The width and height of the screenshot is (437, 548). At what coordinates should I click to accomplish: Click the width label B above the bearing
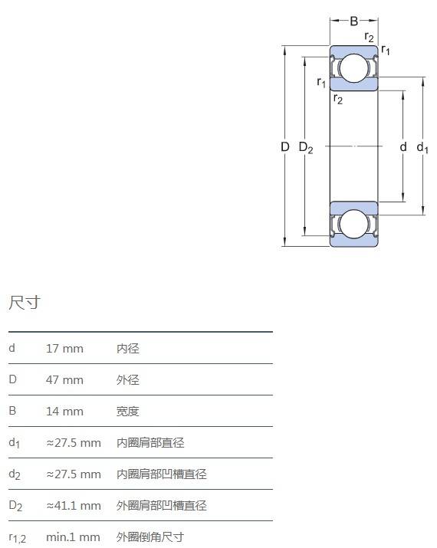(353, 21)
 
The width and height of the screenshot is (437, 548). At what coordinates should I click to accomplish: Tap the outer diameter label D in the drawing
(285, 147)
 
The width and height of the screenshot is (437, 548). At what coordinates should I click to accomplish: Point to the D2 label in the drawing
(306, 148)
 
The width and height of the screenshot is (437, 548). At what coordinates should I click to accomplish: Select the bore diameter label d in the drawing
(403, 147)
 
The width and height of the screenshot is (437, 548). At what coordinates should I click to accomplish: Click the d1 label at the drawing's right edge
(422, 148)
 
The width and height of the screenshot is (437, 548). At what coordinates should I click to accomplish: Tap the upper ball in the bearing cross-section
(353, 67)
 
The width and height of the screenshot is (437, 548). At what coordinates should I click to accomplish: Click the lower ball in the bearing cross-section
(353, 224)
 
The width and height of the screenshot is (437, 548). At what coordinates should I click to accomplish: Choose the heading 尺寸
(25, 302)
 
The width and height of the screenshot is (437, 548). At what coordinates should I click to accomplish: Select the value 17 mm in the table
(64, 349)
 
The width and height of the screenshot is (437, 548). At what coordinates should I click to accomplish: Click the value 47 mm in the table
(64, 380)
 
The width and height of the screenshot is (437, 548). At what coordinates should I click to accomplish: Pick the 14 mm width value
(64, 412)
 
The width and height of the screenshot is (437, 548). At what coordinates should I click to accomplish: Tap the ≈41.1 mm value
(74, 506)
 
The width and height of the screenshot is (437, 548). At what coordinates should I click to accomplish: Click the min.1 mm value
(73, 537)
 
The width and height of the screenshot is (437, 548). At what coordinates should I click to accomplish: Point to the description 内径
(128, 349)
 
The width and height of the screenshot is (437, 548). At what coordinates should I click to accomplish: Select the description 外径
(128, 380)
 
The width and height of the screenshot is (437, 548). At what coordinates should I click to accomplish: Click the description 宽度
(128, 412)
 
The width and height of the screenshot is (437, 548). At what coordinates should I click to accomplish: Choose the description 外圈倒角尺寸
(150, 537)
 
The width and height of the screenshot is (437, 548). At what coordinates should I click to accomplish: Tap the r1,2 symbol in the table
(18, 538)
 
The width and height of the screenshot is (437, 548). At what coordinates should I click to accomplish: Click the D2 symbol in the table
(15, 506)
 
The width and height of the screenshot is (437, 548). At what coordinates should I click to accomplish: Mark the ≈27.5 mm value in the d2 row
(74, 474)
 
